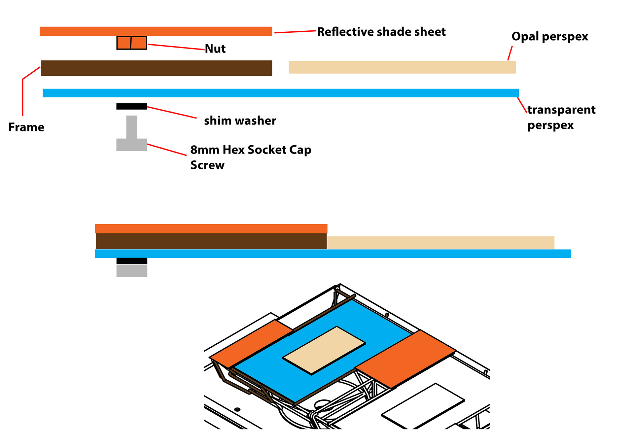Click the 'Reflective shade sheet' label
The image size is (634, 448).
[381, 32]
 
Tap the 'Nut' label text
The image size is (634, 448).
[215, 49]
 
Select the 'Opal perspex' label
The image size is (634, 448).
[549, 37]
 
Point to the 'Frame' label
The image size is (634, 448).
[26, 127]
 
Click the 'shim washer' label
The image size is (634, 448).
[240, 121]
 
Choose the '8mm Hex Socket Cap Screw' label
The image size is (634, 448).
[251, 157]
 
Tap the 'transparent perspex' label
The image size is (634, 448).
[561, 117]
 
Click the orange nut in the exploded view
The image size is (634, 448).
[132, 43]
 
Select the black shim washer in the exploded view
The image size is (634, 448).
[131, 106]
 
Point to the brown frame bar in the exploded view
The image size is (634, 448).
[157, 68]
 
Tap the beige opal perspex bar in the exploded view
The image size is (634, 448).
[402, 67]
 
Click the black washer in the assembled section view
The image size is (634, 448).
[132, 261]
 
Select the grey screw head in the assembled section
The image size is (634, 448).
[132, 271]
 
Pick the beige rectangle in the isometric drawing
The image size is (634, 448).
[324, 350]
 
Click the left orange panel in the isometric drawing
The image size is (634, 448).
[251, 343]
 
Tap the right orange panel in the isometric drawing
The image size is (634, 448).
[406, 358]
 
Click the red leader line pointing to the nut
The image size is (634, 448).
[176, 47]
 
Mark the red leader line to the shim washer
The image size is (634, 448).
[172, 112]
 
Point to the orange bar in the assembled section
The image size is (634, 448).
[211, 228]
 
